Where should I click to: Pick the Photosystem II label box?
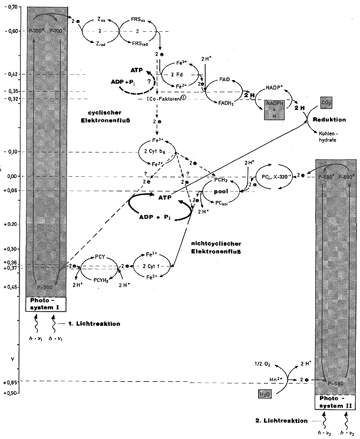(335, 402)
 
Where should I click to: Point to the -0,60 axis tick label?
(11, 32)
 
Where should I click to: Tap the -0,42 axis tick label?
(11, 74)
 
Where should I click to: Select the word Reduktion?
(329, 120)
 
